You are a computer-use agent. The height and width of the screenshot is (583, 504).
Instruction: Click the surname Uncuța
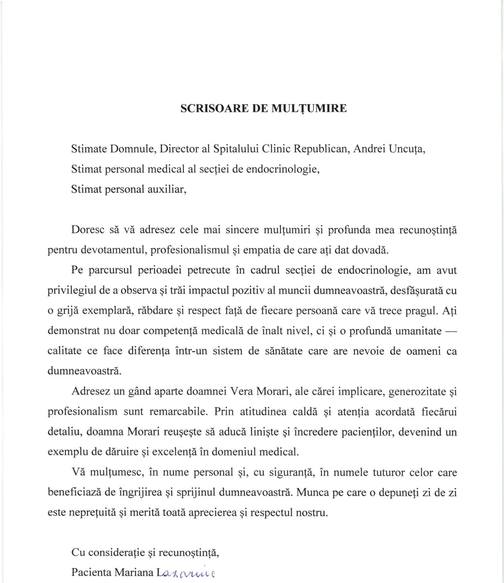[x=407, y=149]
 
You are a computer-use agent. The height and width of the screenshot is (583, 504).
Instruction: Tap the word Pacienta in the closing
[x=91, y=573]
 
